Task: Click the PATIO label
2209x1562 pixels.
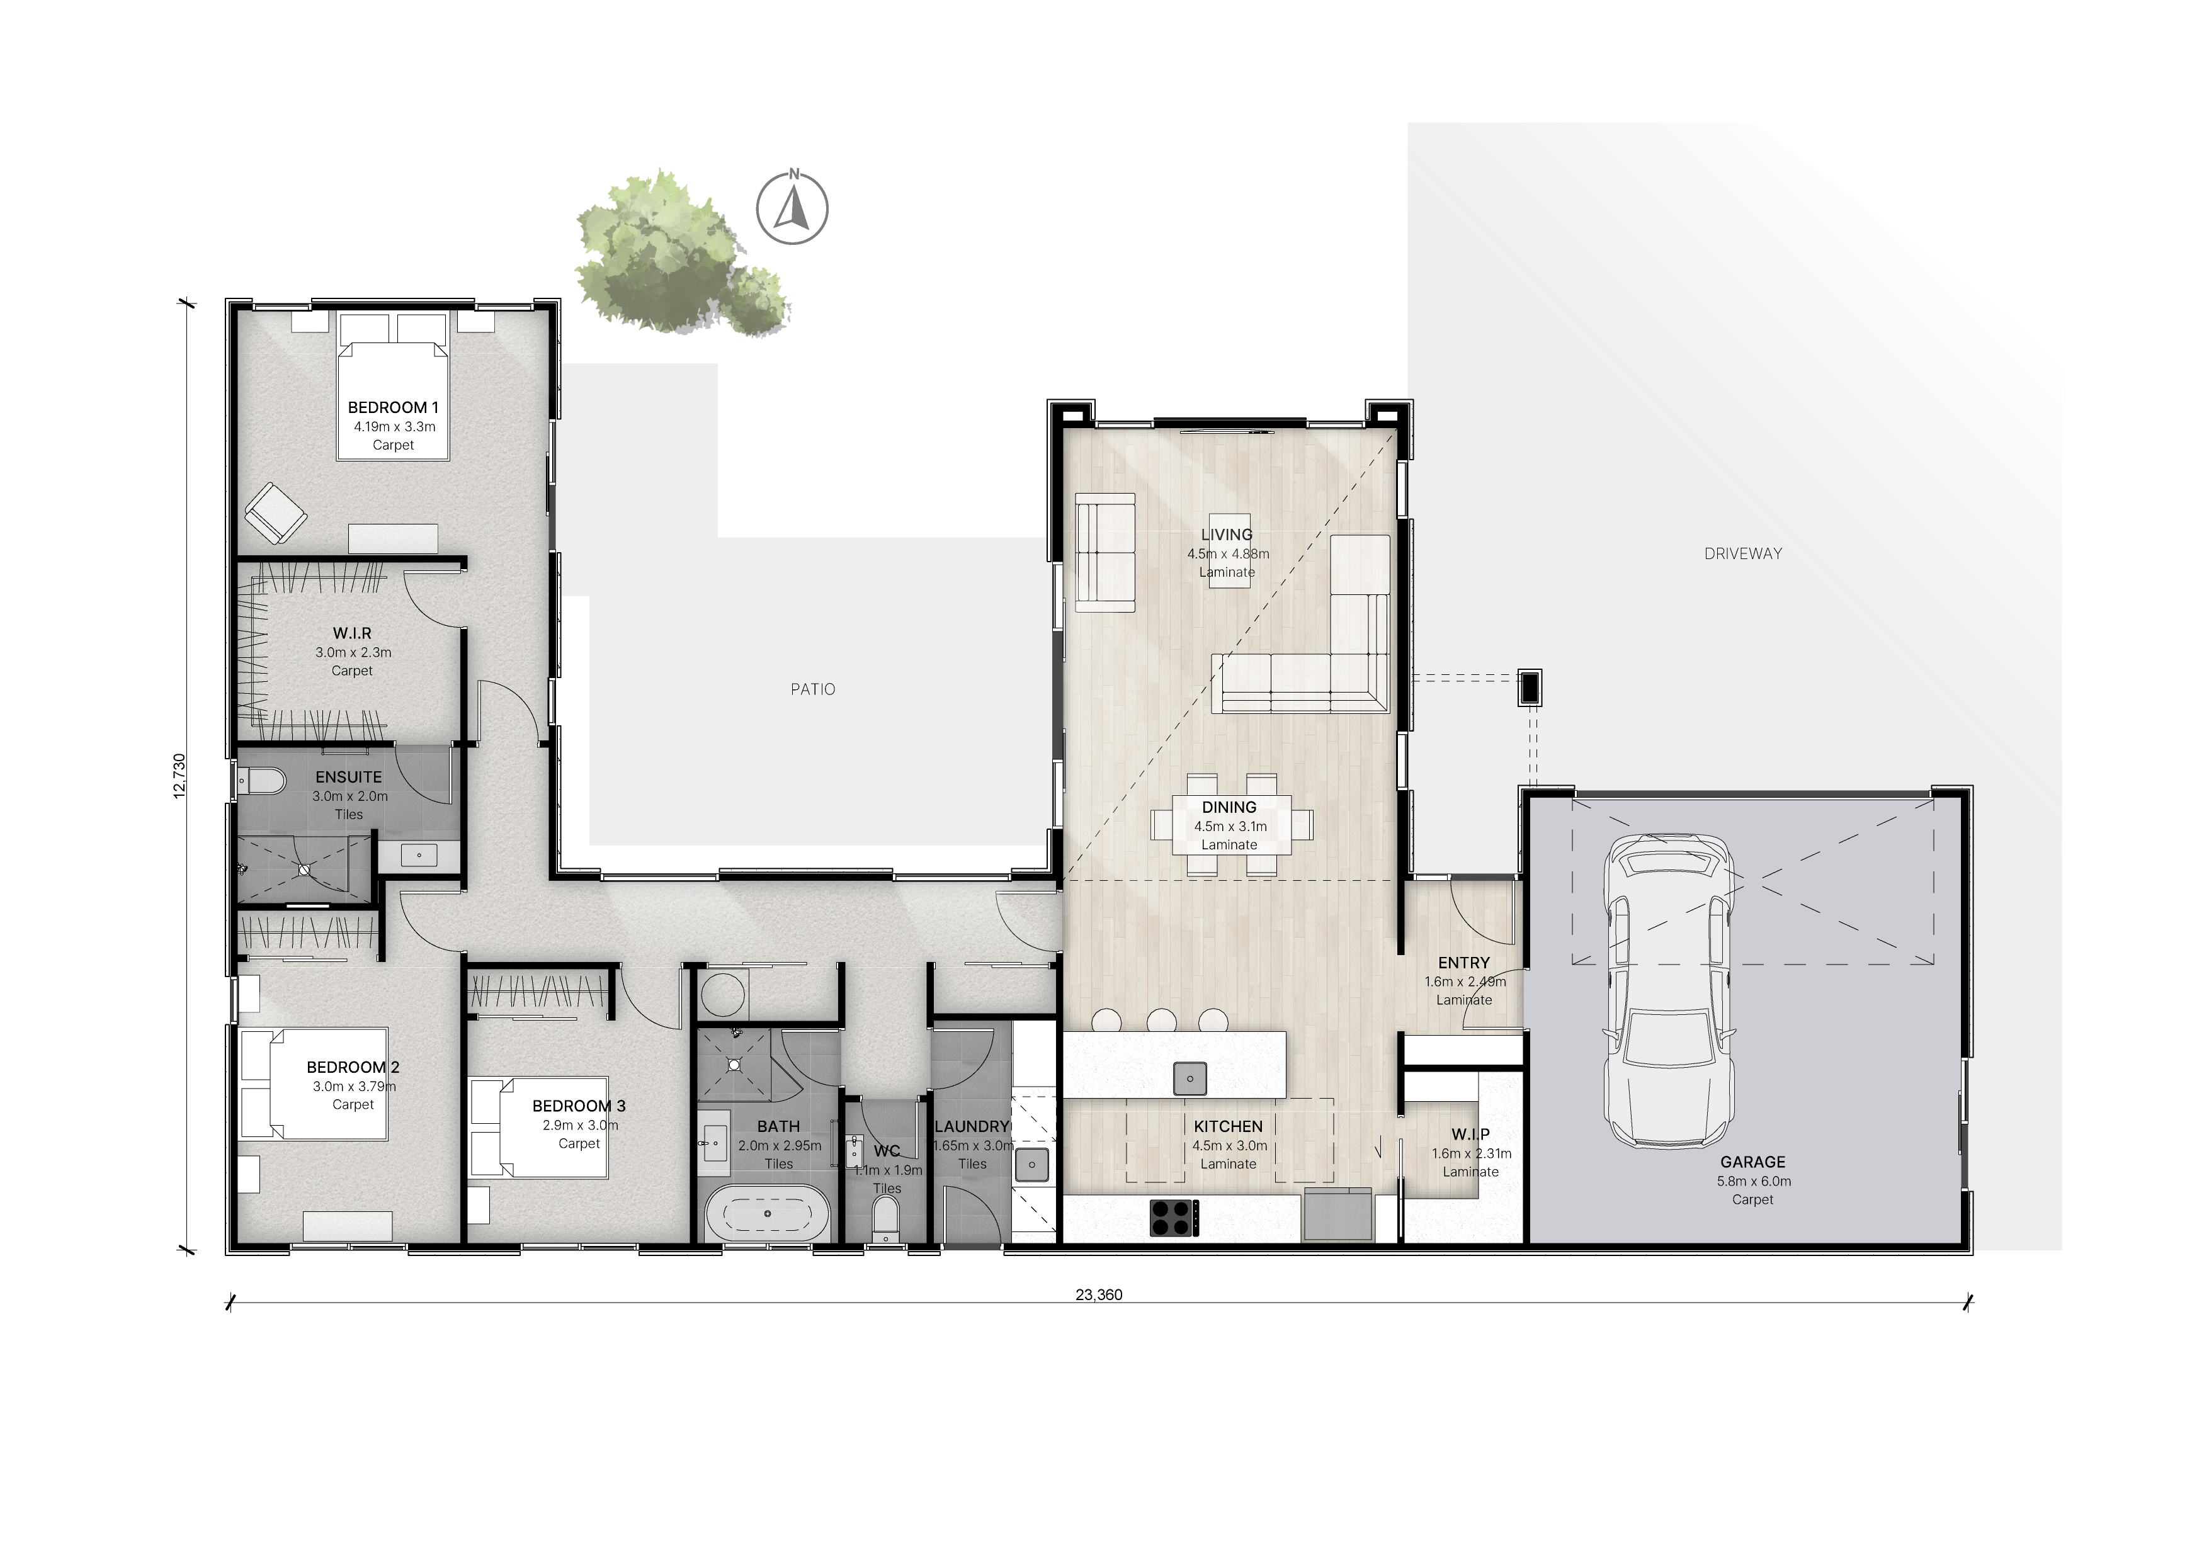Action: [813, 689]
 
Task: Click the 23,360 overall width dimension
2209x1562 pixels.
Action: [1099, 1294]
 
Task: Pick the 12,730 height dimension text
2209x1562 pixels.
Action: [179, 775]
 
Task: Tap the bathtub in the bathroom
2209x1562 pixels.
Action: [767, 1214]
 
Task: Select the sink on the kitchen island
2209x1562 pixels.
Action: [1190, 1078]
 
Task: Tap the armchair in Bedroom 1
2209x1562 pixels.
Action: [275, 512]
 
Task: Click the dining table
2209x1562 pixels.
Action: [1232, 824]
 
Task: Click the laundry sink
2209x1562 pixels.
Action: [1032, 1165]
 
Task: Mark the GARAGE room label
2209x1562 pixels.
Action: [1753, 1162]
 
